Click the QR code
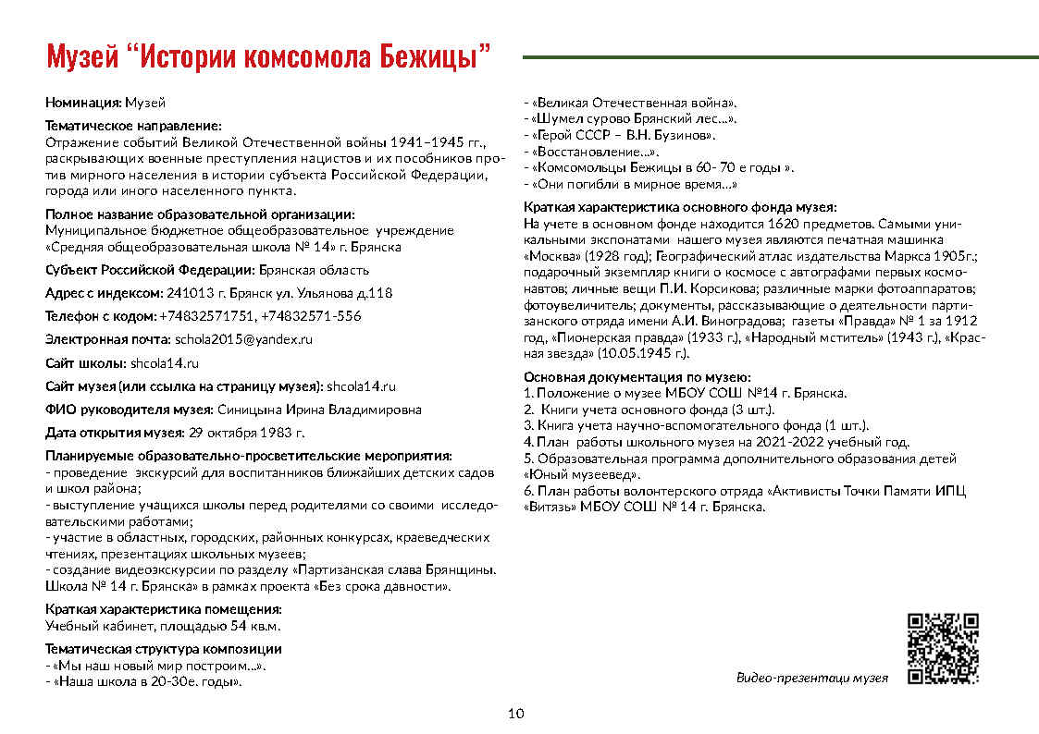point(943,648)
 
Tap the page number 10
point(516,713)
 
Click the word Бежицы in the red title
point(435,56)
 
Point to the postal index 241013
point(189,293)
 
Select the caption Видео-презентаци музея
point(811,678)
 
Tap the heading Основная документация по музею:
point(637,377)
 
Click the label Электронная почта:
point(107,339)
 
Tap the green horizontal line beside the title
point(780,57)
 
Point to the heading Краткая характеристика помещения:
point(163,609)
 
